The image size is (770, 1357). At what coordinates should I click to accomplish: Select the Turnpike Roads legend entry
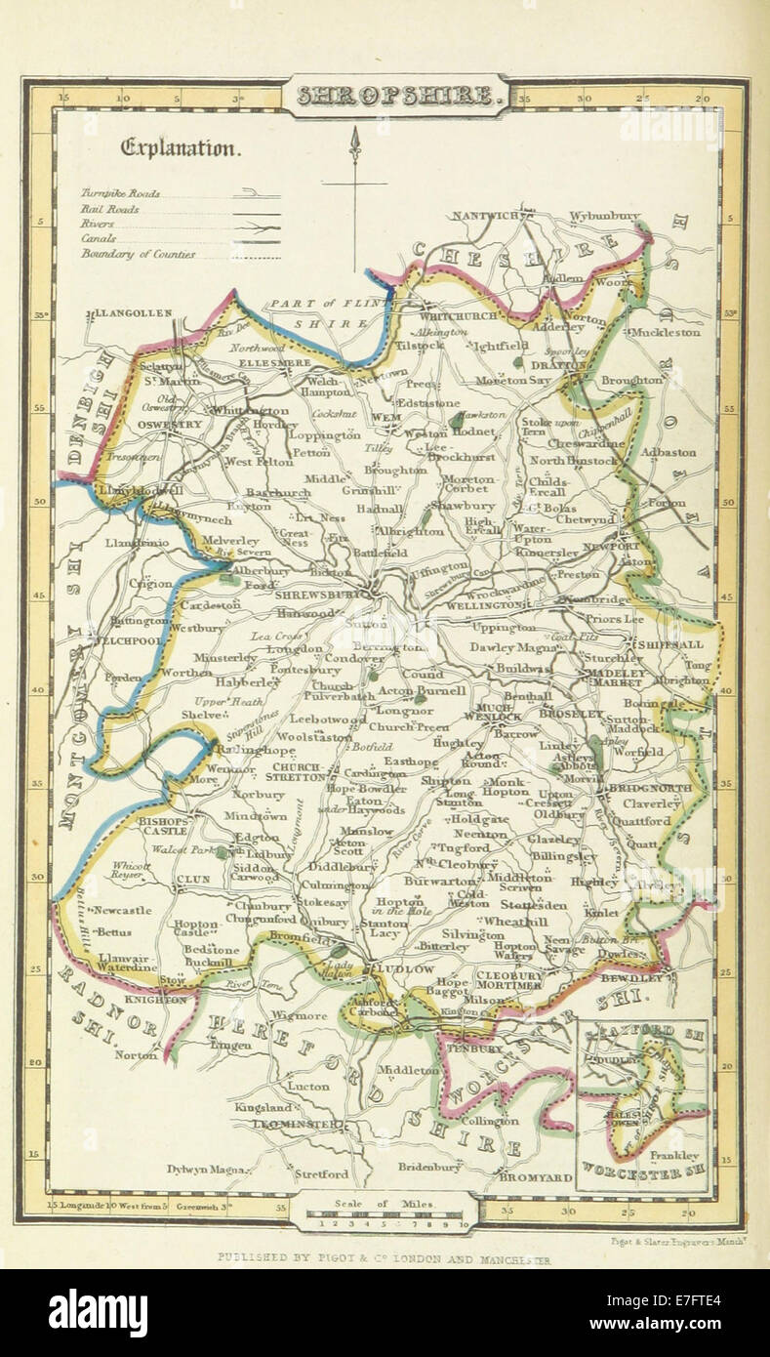click(121, 193)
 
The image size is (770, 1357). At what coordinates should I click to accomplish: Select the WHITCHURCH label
click(458, 315)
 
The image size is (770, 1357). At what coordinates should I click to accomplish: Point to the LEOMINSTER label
click(284, 1125)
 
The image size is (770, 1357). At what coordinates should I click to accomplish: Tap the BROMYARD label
click(535, 1177)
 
